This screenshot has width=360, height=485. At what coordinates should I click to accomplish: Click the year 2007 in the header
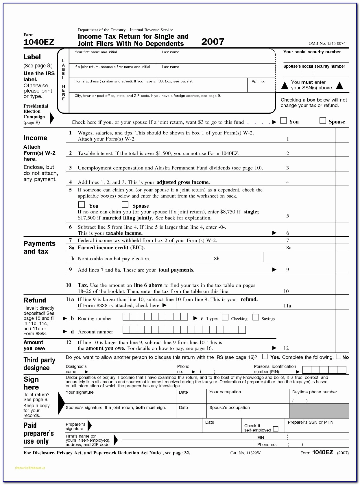[213, 42]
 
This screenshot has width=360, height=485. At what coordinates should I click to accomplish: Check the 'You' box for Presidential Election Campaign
[284, 121]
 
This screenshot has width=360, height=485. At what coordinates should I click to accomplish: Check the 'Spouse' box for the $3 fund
[323, 121]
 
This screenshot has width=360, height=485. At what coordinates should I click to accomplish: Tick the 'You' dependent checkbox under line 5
[82, 205]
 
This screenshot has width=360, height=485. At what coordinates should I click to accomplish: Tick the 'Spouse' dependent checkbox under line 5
[125, 205]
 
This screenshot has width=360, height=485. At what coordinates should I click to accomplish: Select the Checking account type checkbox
[225, 318]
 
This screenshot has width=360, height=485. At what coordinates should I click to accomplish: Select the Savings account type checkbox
[256, 318]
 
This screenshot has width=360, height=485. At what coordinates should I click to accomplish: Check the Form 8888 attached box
[173, 305]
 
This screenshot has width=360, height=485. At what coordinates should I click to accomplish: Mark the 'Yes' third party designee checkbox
[265, 356]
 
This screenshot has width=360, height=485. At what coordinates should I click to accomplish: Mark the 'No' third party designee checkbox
[339, 356]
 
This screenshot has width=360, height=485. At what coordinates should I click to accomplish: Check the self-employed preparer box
[276, 429]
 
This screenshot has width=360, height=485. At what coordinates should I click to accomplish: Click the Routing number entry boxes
[155, 317]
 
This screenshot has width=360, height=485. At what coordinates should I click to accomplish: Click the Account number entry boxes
[184, 330]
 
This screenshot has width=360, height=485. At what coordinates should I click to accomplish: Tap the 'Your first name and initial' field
[113, 58]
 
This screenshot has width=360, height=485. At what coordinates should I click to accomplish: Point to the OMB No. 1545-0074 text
[327, 43]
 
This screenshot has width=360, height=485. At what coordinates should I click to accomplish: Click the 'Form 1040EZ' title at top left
[39, 42]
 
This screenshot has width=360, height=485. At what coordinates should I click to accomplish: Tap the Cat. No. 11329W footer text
[245, 453]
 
